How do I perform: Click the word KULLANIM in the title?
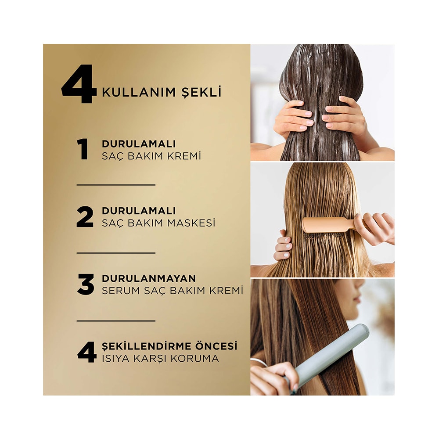(x=138, y=92)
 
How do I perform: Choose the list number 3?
(x=86, y=284)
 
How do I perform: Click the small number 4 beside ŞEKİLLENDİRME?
(x=86, y=352)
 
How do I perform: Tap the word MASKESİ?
(x=191, y=223)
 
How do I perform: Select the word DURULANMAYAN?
(x=149, y=278)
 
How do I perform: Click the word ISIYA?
(x=115, y=358)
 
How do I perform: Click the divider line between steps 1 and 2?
(x=116, y=185)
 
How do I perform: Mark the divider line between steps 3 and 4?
(x=116, y=321)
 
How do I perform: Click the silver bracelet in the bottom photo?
(x=259, y=363)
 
